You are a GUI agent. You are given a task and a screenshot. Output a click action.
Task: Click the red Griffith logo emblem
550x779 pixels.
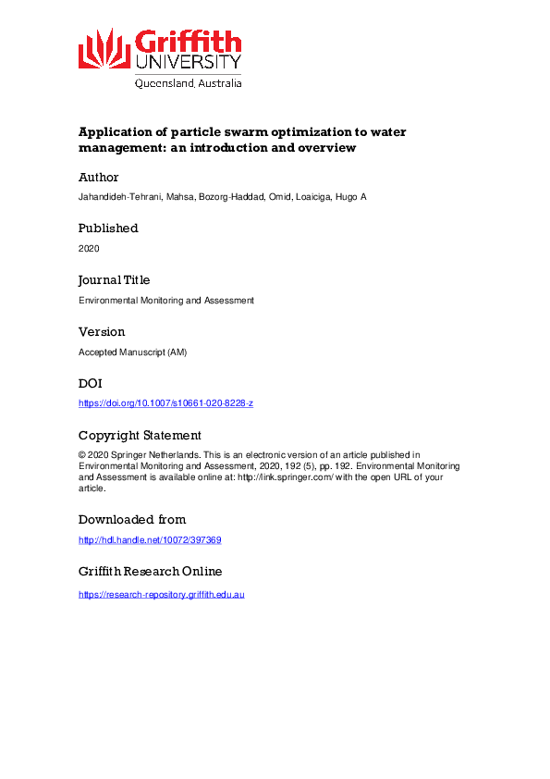pos(104,48)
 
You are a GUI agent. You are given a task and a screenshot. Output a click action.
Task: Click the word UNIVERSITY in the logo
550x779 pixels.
pos(189,63)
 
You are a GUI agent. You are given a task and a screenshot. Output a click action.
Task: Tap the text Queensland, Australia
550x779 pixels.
pos(189,83)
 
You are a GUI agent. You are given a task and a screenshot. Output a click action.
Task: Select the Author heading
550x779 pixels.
pos(99,177)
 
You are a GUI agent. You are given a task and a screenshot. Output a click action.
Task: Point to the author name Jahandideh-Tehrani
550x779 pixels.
pos(119,197)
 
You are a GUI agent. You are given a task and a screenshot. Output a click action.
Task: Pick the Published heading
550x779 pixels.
pos(108,229)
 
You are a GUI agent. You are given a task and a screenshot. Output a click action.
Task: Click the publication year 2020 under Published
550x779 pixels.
pos(90,249)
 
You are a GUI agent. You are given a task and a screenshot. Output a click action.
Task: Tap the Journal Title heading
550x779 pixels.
pos(114,280)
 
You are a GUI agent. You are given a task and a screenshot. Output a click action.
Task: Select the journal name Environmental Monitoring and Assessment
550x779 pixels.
pos(165,301)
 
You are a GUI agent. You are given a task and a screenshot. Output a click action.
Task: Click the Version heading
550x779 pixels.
pos(102,332)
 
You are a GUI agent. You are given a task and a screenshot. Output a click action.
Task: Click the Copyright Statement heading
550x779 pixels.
pos(140,436)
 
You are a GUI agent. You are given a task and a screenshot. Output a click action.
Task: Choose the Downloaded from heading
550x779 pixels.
pos(132,520)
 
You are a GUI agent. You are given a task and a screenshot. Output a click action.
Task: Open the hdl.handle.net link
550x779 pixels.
pos(150,540)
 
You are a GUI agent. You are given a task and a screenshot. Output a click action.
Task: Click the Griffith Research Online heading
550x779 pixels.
pos(150,572)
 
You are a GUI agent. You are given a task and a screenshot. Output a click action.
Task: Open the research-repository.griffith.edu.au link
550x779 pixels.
pos(161,593)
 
